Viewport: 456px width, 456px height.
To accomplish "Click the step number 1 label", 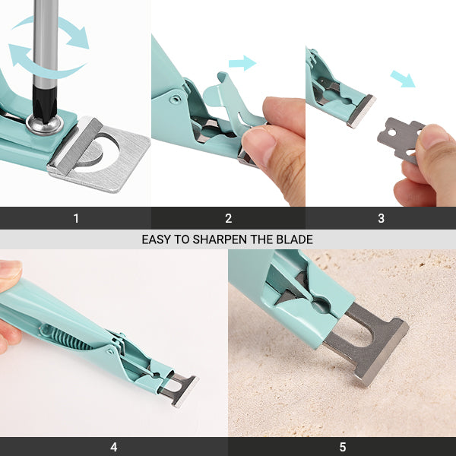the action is (76, 218).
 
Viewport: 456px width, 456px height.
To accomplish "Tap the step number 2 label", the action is (229, 218).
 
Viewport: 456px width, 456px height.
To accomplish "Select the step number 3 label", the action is (381, 218).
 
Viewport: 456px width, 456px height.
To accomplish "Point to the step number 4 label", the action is (114, 447).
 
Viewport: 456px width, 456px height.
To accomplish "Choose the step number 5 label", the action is (343, 447).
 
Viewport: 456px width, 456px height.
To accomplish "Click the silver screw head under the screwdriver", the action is (45, 125).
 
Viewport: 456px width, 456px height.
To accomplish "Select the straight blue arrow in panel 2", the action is (242, 63).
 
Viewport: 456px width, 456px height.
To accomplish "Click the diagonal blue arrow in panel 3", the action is (403, 78).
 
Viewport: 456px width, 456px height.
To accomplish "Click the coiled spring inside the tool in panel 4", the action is (65, 337).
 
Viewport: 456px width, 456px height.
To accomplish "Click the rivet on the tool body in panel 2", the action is (175, 99).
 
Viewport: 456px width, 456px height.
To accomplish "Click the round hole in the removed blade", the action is (391, 132).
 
